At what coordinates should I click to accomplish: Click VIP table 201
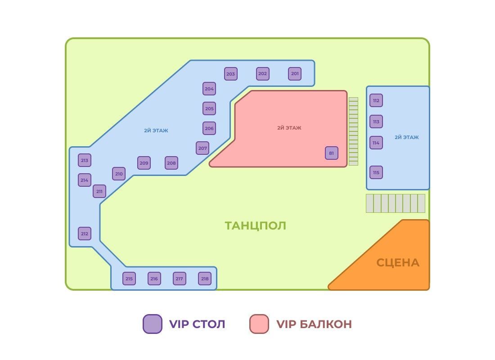[x=295, y=74]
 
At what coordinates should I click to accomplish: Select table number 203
[x=231, y=74]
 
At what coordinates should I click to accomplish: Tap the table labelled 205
[x=209, y=108]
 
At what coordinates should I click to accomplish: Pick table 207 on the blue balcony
[x=202, y=148]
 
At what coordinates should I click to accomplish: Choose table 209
[x=144, y=163]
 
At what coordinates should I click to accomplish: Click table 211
[x=99, y=191]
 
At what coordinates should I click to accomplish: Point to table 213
[x=85, y=160]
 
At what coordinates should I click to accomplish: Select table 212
[x=85, y=234]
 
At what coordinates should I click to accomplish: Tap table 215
[x=129, y=279]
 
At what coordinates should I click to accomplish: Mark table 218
[x=205, y=279]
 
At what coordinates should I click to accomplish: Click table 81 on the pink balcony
[x=332, y=153]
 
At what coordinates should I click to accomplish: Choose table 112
[x=376, y=100]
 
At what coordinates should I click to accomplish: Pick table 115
[x=376, y=172]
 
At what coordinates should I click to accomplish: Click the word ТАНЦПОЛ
[x=256, y=225]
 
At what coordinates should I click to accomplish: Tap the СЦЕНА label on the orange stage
[x=398, y=262]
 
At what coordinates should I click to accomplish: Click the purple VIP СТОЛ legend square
[x=152, y=324]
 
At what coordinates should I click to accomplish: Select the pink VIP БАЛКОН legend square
[x=259, y=324]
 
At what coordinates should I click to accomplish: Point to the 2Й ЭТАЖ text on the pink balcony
[x=289, y=128]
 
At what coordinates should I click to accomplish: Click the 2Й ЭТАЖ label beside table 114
[x=406, y=137]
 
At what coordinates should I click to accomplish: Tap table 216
[x=154, y=279]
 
